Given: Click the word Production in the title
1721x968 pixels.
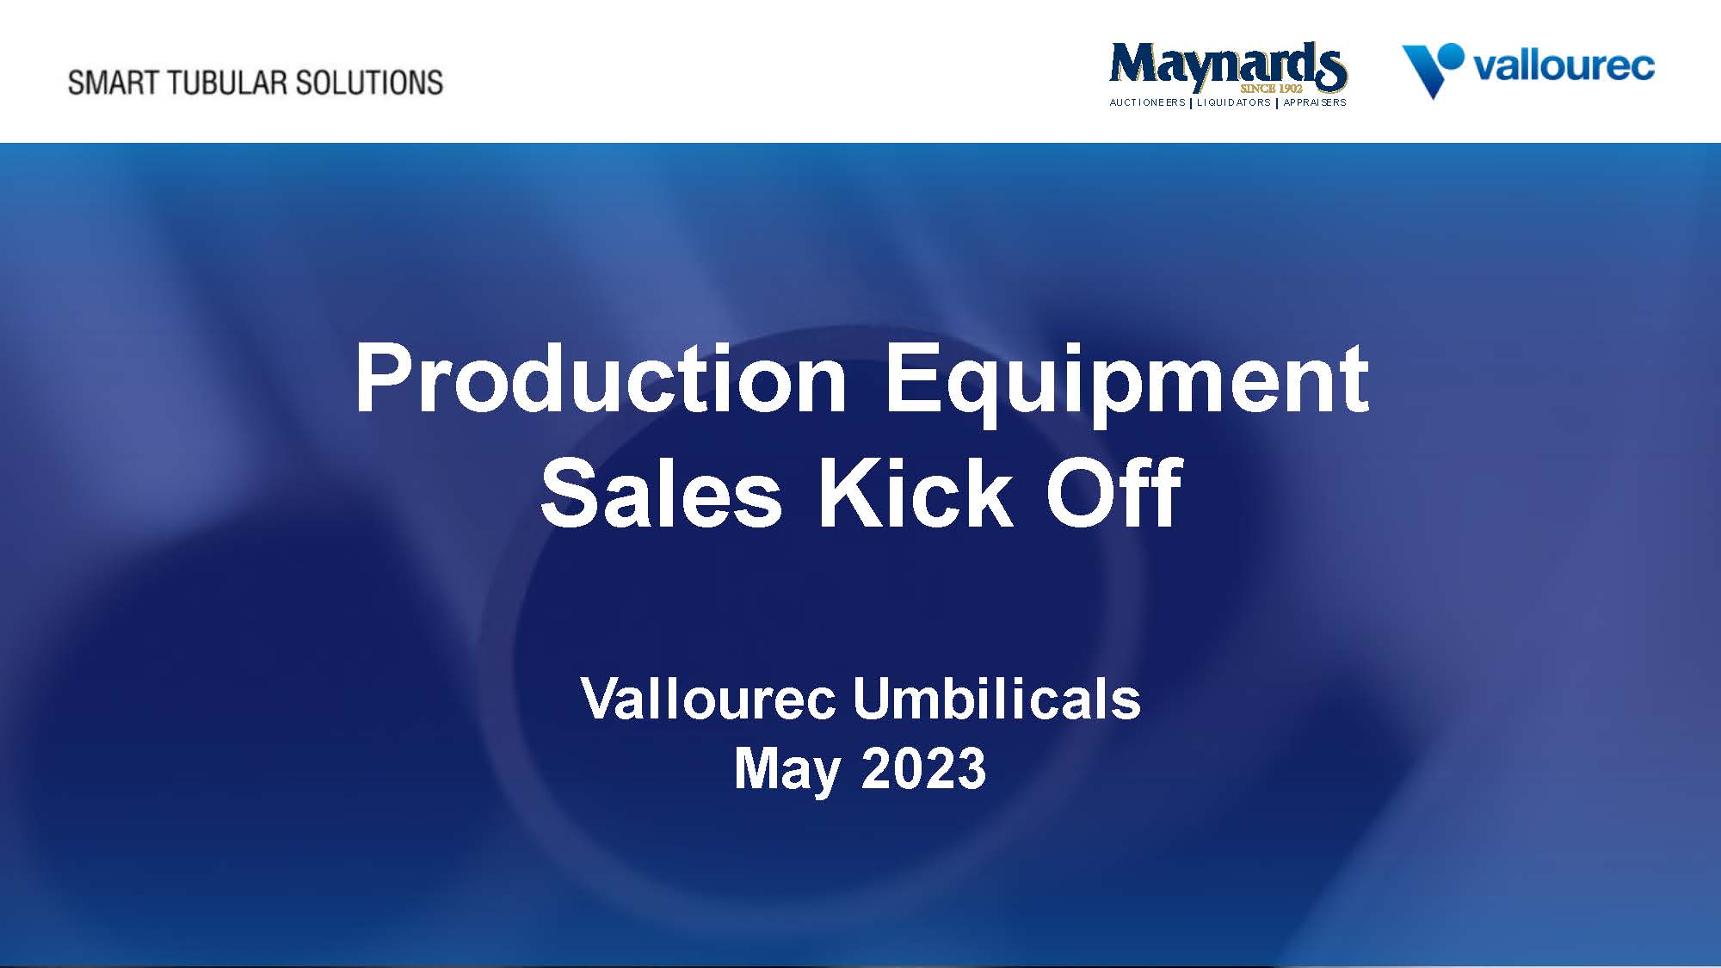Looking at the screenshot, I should [601, 379].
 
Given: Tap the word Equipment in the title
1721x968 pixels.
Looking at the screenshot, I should [1126, 379].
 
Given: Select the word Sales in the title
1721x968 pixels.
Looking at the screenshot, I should [661, 494].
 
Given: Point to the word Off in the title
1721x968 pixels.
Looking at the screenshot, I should [1113, 494].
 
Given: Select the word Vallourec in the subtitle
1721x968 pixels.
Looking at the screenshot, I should [707, 699].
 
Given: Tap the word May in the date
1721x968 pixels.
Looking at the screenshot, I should [786, 768].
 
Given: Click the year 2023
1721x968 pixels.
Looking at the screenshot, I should [923, 768].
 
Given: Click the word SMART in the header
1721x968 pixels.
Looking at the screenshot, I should [114, 83].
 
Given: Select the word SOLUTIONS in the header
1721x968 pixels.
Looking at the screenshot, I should [369, 83].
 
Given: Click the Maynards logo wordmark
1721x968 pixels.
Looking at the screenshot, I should [1227, 65].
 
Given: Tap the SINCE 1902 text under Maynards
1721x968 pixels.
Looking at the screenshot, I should [1271, 89].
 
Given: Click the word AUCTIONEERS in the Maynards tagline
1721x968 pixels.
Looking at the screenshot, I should [1147, 102].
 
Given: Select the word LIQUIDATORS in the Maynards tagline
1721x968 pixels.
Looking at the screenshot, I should [1233, 102].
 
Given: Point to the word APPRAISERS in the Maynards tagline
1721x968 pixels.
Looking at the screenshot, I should [1314, 102].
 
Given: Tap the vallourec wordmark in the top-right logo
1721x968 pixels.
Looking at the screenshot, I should [1564, 67].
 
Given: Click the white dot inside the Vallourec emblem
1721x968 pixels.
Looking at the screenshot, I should [1449, 58].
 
